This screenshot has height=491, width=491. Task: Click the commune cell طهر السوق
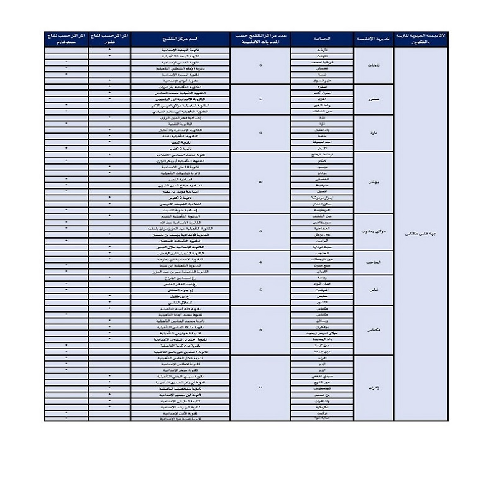[x=323, y=81]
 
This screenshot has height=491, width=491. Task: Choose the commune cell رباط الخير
[x=323, y=105]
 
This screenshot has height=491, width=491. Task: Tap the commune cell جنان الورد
[x=323, y=283]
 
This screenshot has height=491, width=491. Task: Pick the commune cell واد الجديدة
[x=323, y=339]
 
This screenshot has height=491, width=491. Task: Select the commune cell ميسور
[x=323, y=167]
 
